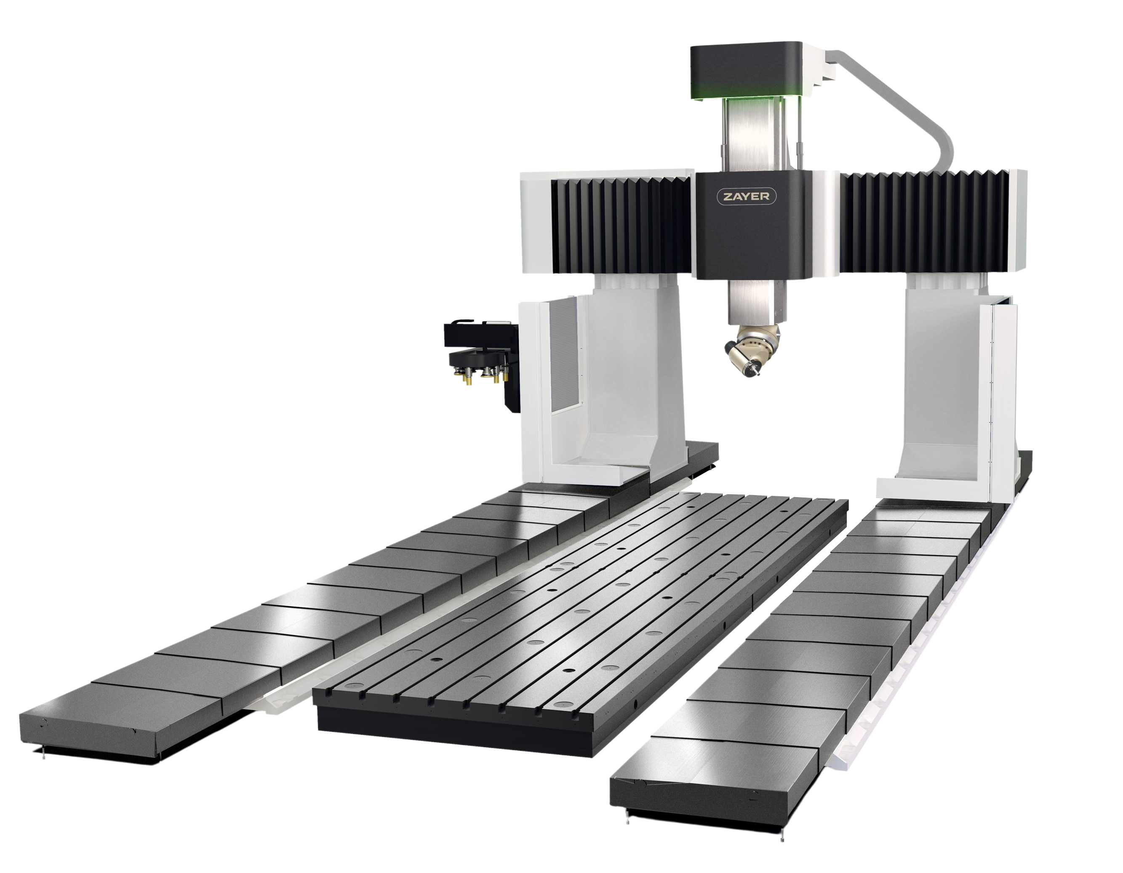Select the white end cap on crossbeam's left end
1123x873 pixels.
click(535, 226)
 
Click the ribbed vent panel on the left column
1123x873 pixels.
click(566, 355)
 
